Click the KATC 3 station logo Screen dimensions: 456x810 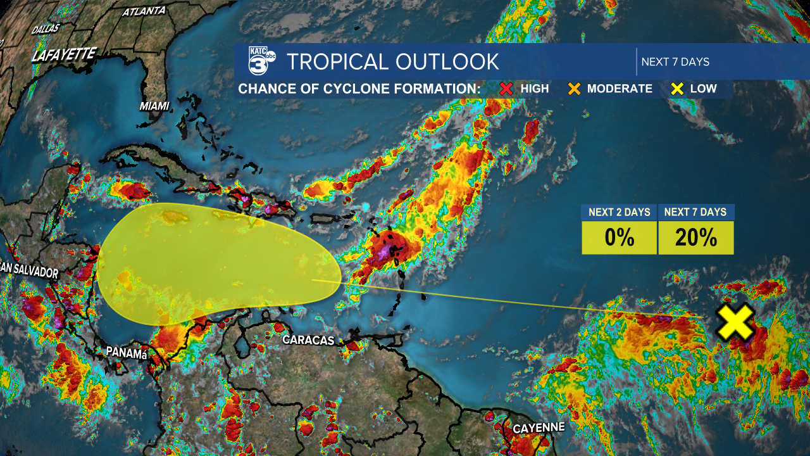pyautogui.click(x=261, y=61)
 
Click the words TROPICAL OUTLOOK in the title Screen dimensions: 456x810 pyautogui.click(x=392, y=61)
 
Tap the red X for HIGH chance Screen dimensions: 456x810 pyautogui.click(x=506, y=89)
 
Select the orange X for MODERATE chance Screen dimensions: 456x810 pyautogui.click(x=574, y=89)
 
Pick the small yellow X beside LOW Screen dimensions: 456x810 pyautogui.click(x=677, y=89)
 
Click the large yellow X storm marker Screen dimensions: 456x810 pyautogui.click(x=734, y=322)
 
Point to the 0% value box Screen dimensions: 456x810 pyautogui.click(x=619, y=237)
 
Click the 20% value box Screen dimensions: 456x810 pyautogui.click(x=695, y=237)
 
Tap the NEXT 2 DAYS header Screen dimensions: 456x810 pyautogui.click(x=619, y=212)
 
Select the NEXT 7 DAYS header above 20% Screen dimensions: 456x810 pyautogui.click(x=695, y=212)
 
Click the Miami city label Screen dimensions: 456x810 pyautogui.click(x=154, y=106)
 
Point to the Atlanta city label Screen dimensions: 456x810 pyautogui.click(x=144, y=11)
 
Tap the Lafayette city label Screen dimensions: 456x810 pyautogui.click(x=63, y=54)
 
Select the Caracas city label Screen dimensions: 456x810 pyautogui.click(x=308, y=340)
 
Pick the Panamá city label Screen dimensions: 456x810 pyautogui.click(x=127, y=352)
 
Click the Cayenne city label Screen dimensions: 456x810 pyautogui.click(x=539, y=428)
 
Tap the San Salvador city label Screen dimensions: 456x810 pyautogui.click(x=28, y=271)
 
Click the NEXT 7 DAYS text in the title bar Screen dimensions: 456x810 pyautogui.click(x=675, y=62)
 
